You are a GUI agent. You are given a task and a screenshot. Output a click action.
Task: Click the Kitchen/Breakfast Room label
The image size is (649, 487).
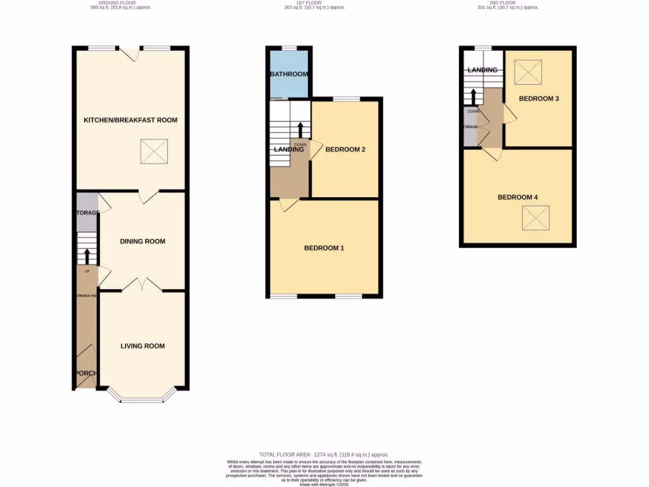(x=131, y=120)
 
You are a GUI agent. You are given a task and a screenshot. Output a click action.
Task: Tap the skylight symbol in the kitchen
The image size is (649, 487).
(x=152, y=152)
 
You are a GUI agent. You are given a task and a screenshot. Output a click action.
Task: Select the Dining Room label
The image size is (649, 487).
(x=143, y=241)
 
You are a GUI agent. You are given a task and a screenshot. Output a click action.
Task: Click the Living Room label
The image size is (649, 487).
(x=143, y=346)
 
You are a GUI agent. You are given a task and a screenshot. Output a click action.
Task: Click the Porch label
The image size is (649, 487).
(x=85, y=373)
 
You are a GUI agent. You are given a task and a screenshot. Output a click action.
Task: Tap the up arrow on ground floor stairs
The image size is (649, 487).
(x=87, y=256)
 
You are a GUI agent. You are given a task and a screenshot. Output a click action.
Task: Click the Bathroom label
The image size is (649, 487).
(x=289, y=74)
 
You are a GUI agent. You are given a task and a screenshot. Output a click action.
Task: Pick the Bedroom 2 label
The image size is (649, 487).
(x=345, y=150)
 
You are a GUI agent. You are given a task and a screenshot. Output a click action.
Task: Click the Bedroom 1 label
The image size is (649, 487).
(x=324, y=248)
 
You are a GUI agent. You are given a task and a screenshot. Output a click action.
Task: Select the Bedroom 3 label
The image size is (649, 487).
(x=539, y=99)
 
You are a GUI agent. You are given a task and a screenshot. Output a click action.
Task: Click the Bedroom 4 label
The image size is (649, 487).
(x=518, y=197)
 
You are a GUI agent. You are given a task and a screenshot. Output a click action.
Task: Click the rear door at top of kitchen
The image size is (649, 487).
(x=130, y=54)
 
